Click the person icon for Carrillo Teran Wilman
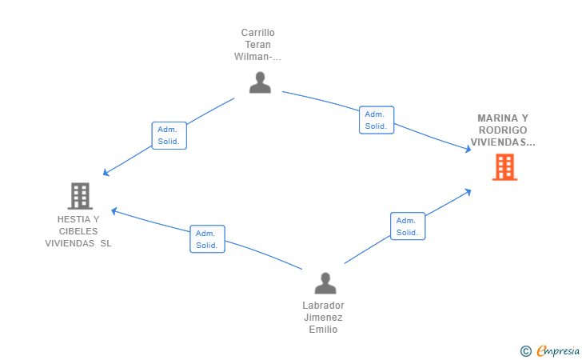(x=260, y=82)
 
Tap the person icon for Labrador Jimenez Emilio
(x=325, y=283)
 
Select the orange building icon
(x=504, y=167)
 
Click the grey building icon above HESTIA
(x=80, y=196)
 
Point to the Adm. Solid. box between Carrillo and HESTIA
(x=169, y=136)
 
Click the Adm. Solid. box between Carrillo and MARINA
(x=377, y=120)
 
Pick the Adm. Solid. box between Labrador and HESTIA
(x=207, y=239)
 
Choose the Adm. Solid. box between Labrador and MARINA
(x=408, y=226)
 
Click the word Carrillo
(x=258, y=33)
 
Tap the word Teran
(x=258, y=45)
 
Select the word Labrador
(x=323, y=306)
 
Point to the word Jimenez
(x=323, y=318)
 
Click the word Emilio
(x=323, y=329)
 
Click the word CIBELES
(x=78, y=231)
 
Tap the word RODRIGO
(x=503, y=130)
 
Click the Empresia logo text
(x=558, y=350)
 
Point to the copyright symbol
(x=526, y=351)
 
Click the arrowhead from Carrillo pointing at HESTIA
(x=106, y=173)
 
